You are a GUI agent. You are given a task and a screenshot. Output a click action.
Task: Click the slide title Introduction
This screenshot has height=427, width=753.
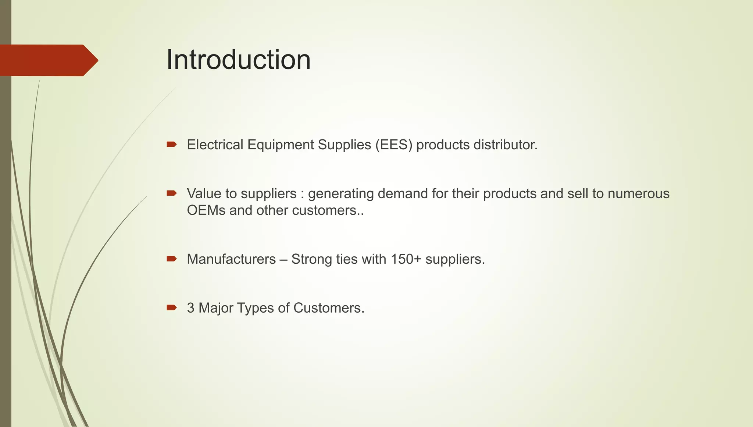(238, 60)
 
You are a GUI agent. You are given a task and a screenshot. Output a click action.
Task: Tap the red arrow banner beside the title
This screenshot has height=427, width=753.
(48, 60)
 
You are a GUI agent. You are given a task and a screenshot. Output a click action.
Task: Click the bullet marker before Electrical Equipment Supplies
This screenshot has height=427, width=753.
(171, 145)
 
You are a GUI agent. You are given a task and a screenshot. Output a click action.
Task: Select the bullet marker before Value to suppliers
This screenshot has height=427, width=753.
(171, 193)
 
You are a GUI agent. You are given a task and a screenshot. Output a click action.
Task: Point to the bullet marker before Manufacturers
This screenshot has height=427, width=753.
(171, 259)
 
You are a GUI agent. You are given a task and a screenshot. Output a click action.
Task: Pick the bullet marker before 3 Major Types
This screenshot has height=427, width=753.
(171, 307)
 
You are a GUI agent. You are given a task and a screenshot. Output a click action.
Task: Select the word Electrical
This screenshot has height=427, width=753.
(215, 145)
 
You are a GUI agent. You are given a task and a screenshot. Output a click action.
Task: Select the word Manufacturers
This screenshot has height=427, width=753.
(231, 259)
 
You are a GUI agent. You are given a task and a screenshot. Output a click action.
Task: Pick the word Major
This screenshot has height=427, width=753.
(216, 308)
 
